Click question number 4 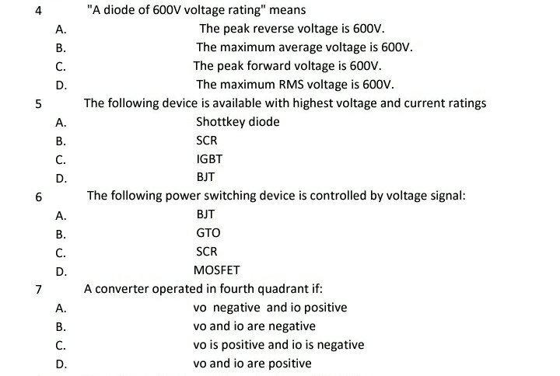38,12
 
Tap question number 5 38,103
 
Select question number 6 38,197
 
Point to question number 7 38,290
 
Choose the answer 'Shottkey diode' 237,122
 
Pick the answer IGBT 209,159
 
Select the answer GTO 208,233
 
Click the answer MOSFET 216,270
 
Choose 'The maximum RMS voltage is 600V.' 295,85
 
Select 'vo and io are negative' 254,326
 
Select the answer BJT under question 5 205,178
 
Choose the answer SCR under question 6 207,252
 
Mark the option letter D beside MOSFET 60,272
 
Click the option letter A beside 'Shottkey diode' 60,123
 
